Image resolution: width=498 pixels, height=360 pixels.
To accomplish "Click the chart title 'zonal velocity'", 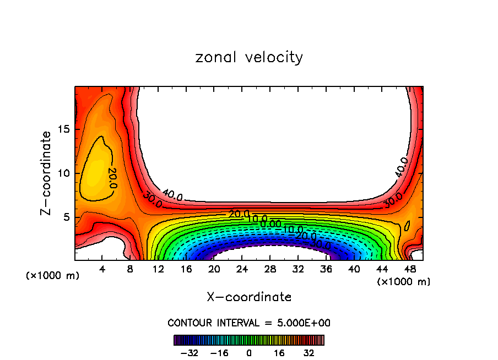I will click(x=249, y=57).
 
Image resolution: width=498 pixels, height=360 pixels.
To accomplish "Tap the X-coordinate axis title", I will click(x=249, y=297).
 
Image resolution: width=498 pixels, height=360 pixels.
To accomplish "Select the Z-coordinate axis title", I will click(x=47, y=173).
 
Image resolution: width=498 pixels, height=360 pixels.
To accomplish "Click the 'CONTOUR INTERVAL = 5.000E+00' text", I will click(x=249, y=323).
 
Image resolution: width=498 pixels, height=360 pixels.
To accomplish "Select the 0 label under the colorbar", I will click(x=249, y=352).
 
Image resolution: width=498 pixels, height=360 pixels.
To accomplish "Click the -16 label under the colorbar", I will click(x=219, y=352).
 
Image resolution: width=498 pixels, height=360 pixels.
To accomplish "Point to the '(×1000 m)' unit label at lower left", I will click(x=53, y=275).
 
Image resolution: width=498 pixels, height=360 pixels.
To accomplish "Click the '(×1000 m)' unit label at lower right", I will click(x=404, y=281).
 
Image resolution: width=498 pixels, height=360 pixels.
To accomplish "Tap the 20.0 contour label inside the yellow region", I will click(x=111, y=177).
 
